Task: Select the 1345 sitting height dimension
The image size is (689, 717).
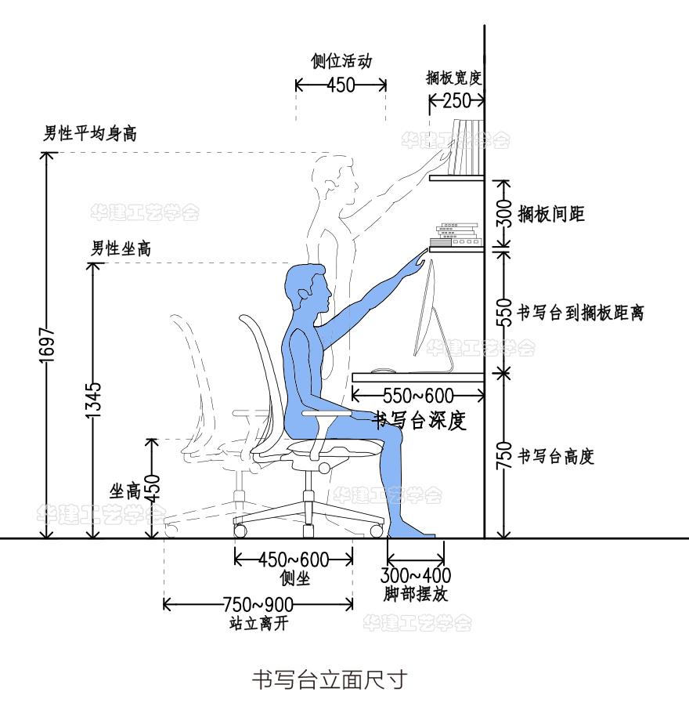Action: click(94, 399)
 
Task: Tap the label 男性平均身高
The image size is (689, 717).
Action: click(89, 134)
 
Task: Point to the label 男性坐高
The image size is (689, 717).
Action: click(121, 249)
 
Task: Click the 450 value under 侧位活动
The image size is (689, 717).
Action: click(341, 85)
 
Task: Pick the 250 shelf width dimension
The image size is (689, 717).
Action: click(456, 100)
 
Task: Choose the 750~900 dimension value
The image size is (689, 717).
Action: click(258, 604)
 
